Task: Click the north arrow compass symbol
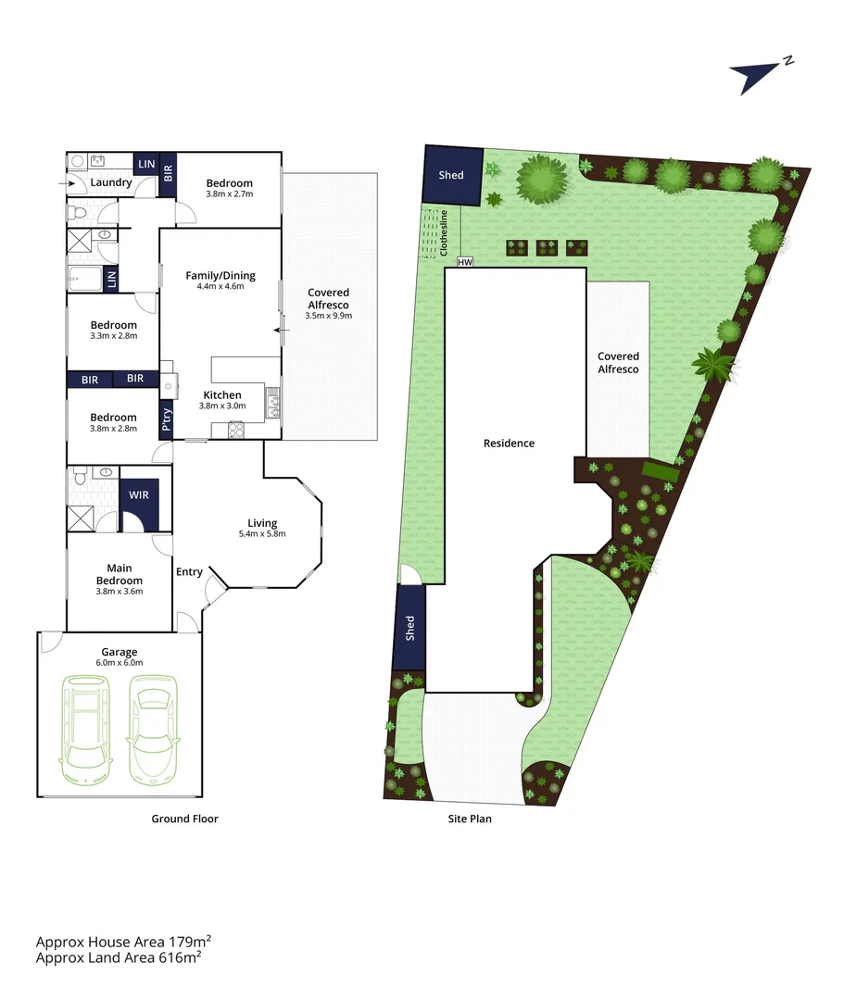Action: tap(758, 75)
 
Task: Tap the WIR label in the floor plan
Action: tap(139, 495)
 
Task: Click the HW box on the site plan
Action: tap(465, 262)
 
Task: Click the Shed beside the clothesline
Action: tap(451, 175)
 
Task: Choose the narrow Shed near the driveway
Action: tap(409, 629)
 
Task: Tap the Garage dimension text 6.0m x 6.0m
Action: tap(120, 662)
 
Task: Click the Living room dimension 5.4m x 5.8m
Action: tap(262, 534)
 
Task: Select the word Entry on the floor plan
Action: tap(189, 571)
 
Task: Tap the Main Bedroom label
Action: tap(120, 574)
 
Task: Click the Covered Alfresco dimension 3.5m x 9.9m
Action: tap(329, 316)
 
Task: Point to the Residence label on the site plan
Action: tap(509, 444)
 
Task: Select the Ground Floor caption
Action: tap(185, 819)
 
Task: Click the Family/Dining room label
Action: tap(220, 275)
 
